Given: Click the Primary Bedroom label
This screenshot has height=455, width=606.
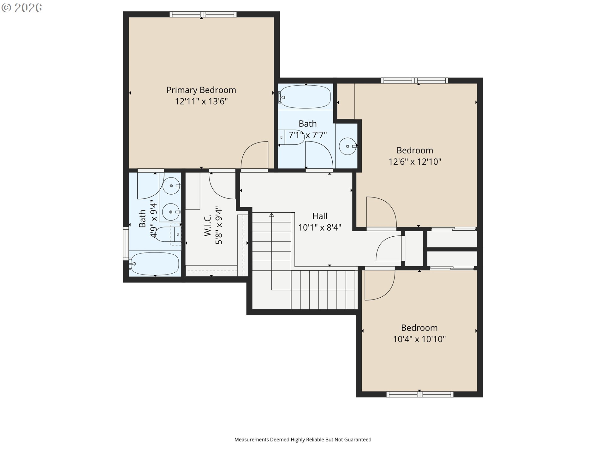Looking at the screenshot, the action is click(x=201, y=90).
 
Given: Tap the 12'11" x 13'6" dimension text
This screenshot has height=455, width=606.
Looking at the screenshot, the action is click(x=201, y=101).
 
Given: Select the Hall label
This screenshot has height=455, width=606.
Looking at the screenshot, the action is click(x=320, y=216).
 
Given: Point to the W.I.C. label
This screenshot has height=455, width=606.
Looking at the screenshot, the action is click(x=208, y=225).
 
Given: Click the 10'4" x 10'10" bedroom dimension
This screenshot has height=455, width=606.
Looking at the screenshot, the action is click(x=419, y=339).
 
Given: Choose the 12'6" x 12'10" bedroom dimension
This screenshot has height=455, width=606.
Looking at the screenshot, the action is click(x=415, y=161).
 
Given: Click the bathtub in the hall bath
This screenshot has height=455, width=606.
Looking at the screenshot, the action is click(x=305, y=96).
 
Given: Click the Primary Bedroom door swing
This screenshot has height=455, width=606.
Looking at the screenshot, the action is click(x=254, y=155).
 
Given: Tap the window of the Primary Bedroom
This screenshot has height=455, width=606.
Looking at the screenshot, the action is click(x=203, y=14).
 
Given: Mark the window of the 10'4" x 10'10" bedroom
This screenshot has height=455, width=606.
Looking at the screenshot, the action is click(x=420, y=394).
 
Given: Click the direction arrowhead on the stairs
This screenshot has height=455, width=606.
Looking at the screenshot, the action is click(x=271, y=215).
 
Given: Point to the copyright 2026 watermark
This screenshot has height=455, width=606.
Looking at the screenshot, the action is click(x=21, y=8).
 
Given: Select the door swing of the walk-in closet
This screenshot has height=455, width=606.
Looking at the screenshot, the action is click(x=222, y=186).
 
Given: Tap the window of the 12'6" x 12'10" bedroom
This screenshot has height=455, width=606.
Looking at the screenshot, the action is click(x=415, y=81).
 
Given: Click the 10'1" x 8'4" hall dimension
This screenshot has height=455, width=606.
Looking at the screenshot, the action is click(x=320, y=227).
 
